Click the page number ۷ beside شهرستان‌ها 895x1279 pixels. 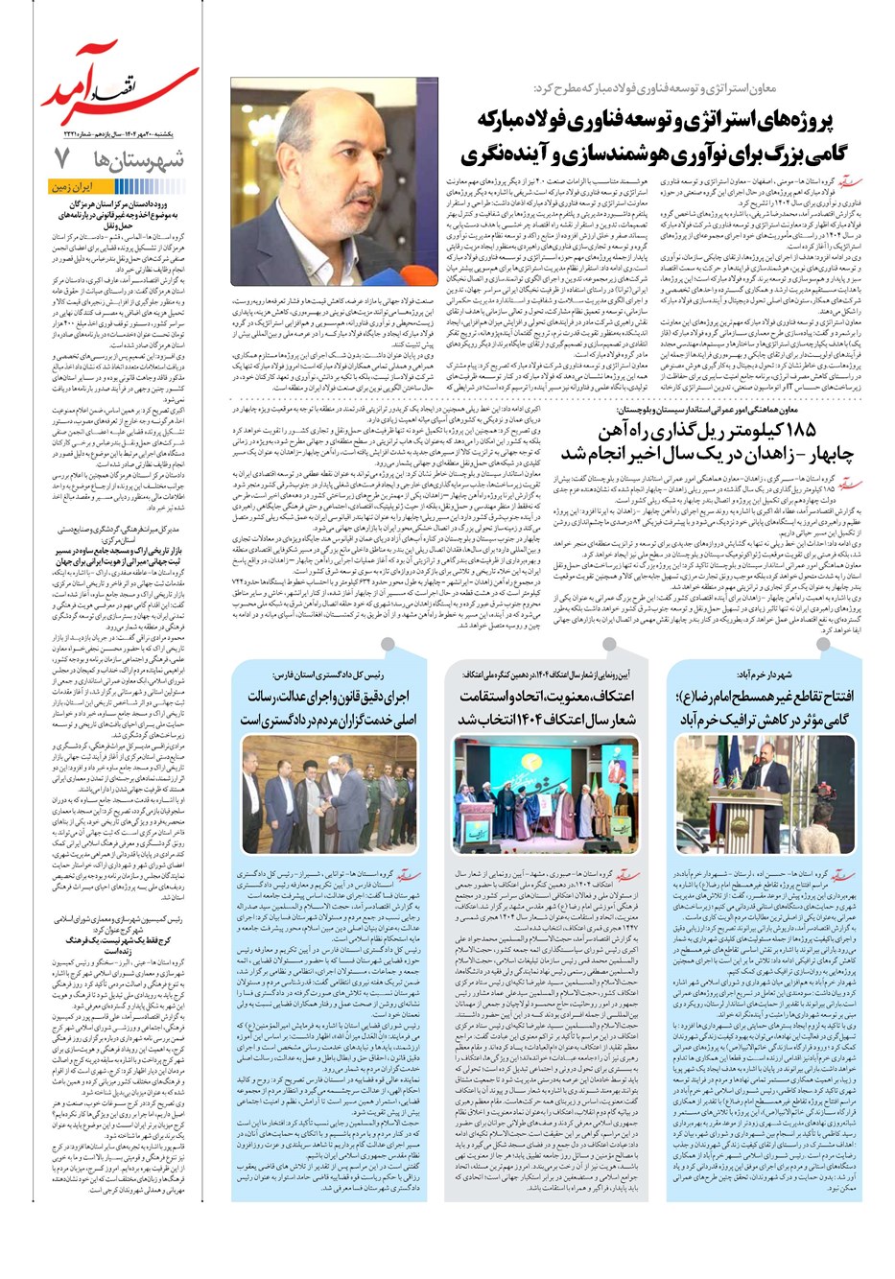[61, 156]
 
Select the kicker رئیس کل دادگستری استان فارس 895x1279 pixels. [318, 675]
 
